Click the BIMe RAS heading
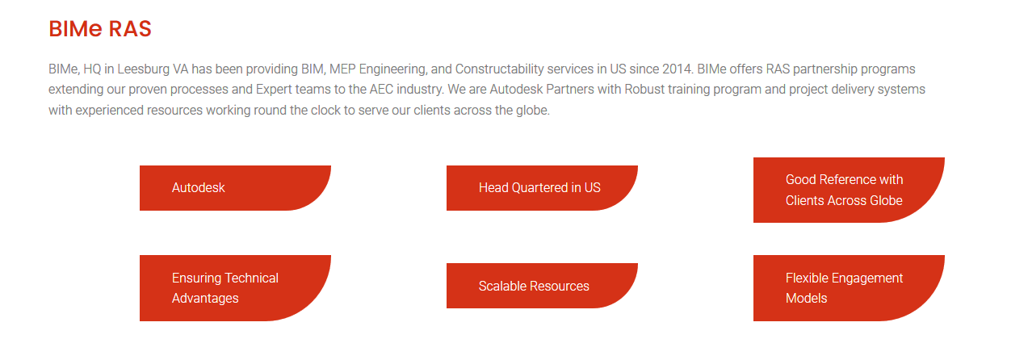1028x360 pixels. [100, 28]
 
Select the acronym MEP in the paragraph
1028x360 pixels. [342, 69]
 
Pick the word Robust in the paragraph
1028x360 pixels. [644, 89]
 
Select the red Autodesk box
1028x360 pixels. [235, 188]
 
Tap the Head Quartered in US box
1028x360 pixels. [542, 188]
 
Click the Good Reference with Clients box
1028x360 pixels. [849, 190]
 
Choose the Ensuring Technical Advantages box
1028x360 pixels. [235, 288]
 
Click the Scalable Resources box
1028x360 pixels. [542, 286]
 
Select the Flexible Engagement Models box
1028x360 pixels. [849, 288]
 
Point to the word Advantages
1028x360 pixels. [205, 299]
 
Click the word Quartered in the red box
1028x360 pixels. [539, 187]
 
